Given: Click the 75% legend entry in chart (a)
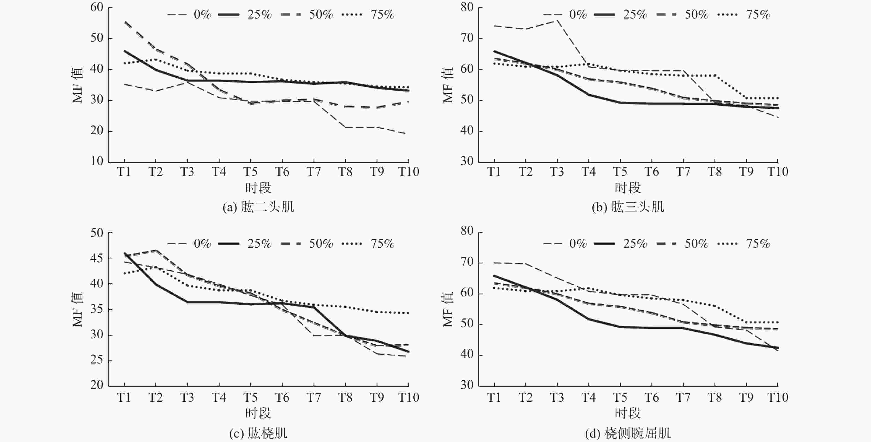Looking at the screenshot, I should (369, 15).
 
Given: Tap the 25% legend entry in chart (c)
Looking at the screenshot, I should (245, 244).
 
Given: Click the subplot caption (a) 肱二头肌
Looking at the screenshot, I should (258, 207).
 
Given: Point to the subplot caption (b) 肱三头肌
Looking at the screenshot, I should (628, 207).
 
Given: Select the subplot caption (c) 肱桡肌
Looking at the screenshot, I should (258, 433).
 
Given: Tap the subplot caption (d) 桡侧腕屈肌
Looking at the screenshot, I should (628, 433).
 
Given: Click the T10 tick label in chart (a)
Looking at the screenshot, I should (408, 172).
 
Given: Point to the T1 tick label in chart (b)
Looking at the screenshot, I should (494, 172).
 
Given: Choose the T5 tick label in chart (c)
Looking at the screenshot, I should (251, 397).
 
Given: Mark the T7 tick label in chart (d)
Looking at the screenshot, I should (683, 397).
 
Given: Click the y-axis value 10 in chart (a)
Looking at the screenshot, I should (97, 161).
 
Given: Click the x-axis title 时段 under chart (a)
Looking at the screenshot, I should (258, 188).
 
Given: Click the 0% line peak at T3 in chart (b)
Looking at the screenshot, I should (557, 21).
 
